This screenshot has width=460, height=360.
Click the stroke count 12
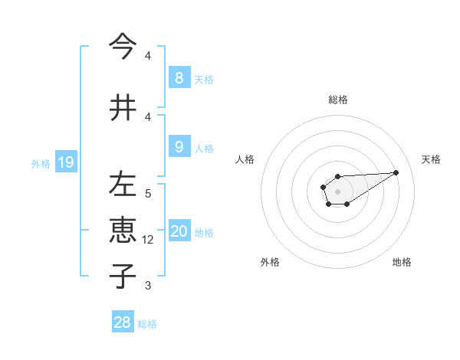(149, 240)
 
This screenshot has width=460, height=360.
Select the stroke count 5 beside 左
(148, 194)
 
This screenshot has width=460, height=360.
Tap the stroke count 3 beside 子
(148, 286)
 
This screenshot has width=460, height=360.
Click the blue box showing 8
(179, 77)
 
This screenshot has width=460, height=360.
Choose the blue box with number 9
(179, 146)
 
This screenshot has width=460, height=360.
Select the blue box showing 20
(179, 231)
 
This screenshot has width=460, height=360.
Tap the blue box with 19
(65, 162)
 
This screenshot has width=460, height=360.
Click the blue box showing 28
(123, 322)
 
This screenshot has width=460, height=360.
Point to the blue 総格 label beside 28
(147, 324)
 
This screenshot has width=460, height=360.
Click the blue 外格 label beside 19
(41, 163)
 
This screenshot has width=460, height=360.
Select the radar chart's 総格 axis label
(337, 100)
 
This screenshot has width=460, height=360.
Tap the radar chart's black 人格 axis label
(245, 159)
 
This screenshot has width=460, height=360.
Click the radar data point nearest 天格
(396, 172)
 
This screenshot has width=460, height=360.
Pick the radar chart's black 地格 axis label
(402, 262)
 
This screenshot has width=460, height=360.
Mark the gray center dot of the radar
(337, 190)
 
